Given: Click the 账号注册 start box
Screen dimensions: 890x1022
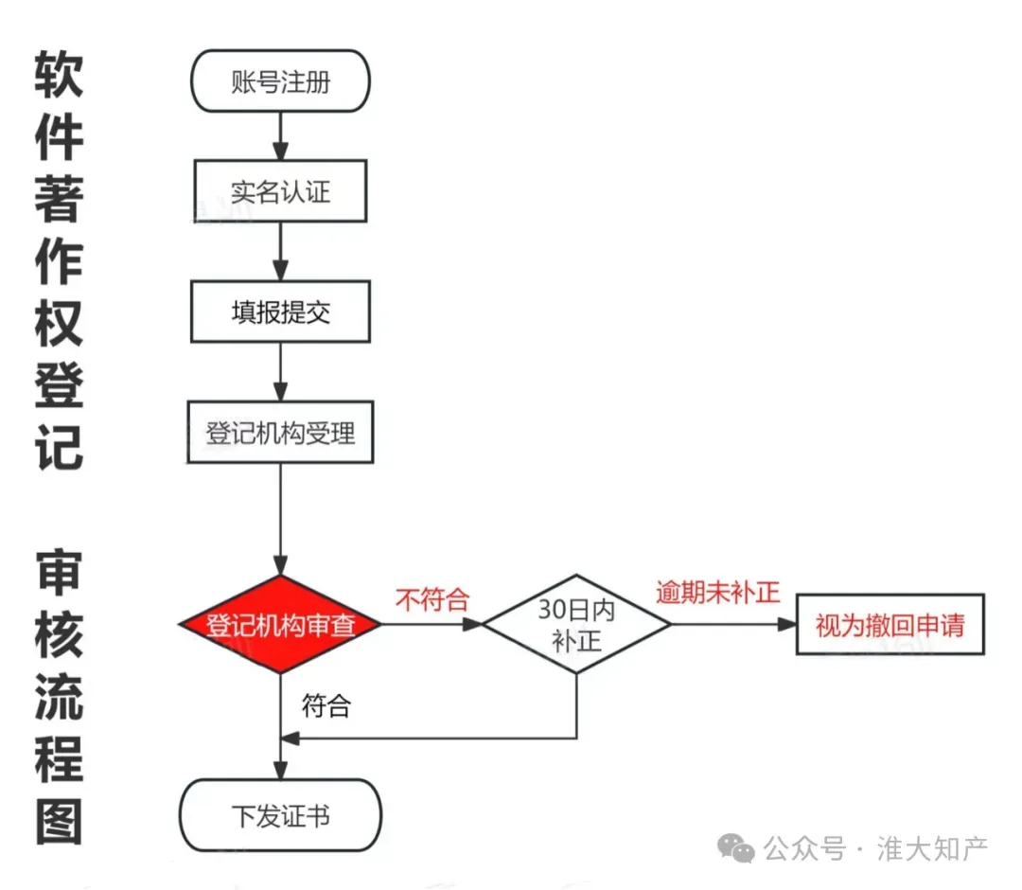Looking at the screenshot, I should point(280,81).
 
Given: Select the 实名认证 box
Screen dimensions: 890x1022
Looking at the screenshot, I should point(280,191).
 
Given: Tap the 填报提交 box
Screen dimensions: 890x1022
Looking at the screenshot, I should point(280,311).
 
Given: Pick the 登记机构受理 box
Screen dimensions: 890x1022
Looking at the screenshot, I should point(280,433).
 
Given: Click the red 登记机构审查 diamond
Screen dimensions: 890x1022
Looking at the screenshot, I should point(280,625).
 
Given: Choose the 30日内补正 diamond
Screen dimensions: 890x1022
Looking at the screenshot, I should point(576,625).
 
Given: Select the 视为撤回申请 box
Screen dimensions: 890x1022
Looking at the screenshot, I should point(890,625).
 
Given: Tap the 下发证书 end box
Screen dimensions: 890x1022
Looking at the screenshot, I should point(280,815).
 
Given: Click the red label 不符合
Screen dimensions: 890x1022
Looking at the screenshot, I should point(432,599).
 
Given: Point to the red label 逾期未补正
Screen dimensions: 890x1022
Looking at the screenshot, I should point(718,593).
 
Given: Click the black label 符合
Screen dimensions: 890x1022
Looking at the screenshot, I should point(326,705).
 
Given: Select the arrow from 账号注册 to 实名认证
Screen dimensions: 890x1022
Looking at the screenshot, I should point(280,134).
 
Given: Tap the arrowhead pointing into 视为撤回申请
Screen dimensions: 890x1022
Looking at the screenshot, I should point(786,625).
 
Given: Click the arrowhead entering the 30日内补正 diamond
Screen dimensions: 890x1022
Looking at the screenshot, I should point(473,625).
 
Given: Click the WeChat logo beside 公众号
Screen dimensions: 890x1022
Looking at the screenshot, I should point(736,848).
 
